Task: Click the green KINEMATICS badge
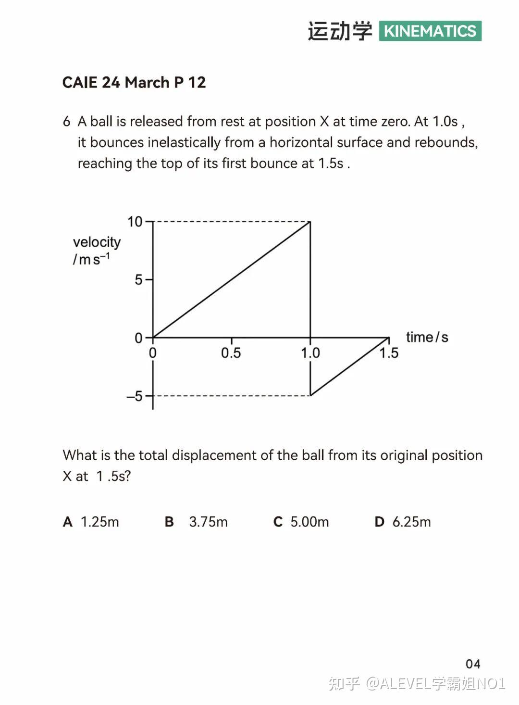(x=430, y=31)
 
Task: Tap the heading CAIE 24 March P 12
(x=134, y=82)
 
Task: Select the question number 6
(x=66, y=121)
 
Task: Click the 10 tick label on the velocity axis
(x=135, y=222)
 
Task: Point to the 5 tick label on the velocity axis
(x=138, y=279)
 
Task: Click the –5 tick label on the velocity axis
(x=135, y=396)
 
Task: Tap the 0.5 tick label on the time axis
(x=231, y=353)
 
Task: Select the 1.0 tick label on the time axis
(x=310, y=353)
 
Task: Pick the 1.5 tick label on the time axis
(x=389, y=353)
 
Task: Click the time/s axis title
(x=427, y=337)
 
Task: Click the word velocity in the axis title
(x=97, y=242)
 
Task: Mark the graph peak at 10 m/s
(x=310, y=222)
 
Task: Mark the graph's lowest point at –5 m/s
(x=310, y=395)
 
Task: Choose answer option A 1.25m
(x=91, y=522)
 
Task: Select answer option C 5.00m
(x=301, y=522)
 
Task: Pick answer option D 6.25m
(x=403, y=522)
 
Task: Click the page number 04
(x=473, y=664)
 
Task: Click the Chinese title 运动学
(x=340, y=31)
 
